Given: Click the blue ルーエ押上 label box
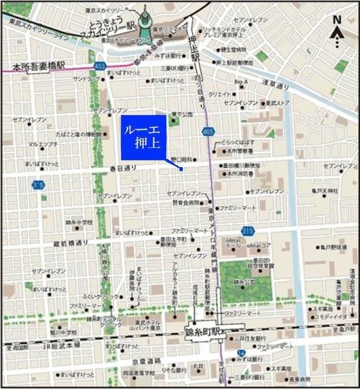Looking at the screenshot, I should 143,137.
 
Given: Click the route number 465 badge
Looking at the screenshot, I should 208,131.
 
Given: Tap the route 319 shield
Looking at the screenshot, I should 39,185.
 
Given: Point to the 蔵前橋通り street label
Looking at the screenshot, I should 70,243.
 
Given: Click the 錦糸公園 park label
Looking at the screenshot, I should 246,282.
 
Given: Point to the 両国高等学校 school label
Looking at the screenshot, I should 138,373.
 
